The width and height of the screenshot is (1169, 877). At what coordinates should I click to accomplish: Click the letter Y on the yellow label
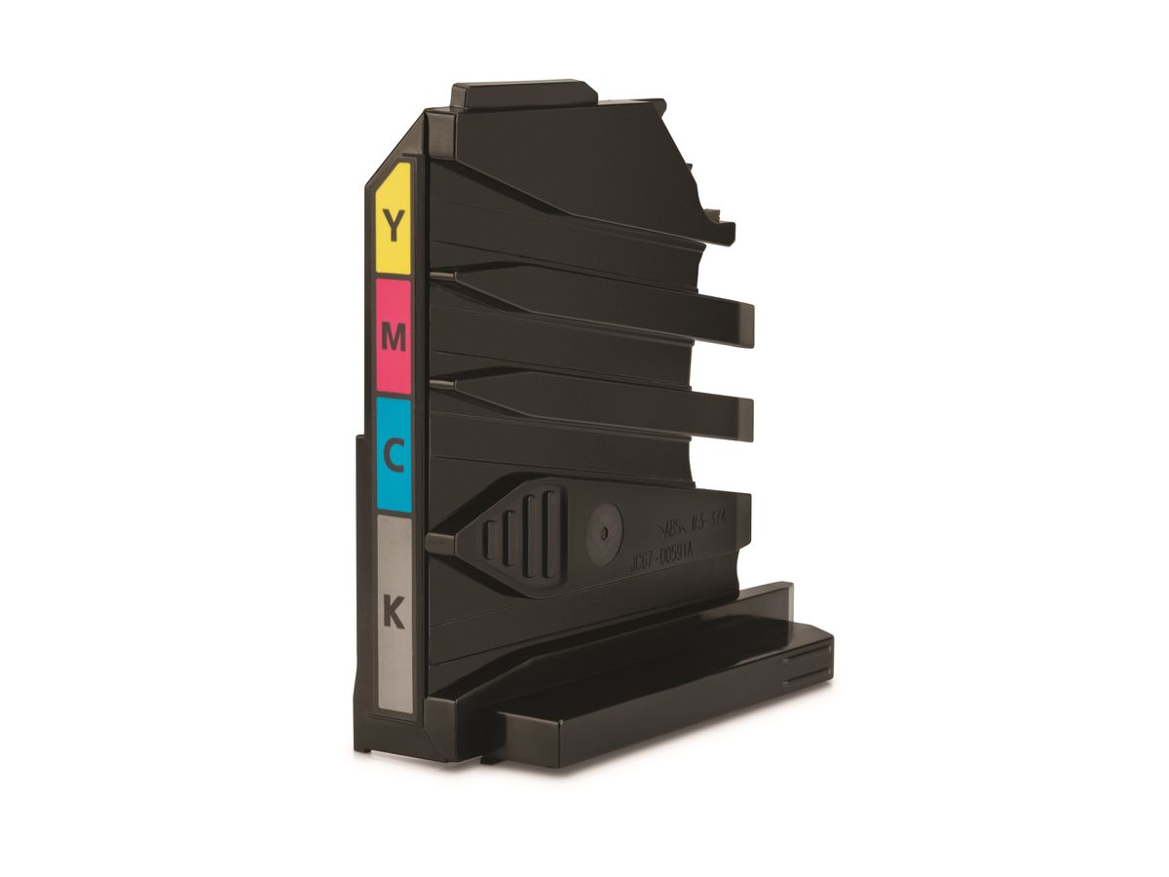[x=393, y=225]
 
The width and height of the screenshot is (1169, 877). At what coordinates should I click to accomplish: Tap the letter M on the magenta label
[x=393, y=337]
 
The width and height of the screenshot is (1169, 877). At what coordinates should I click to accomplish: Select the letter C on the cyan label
[x=394, y=455]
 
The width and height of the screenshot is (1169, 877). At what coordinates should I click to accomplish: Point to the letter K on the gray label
[x=394, y=614]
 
